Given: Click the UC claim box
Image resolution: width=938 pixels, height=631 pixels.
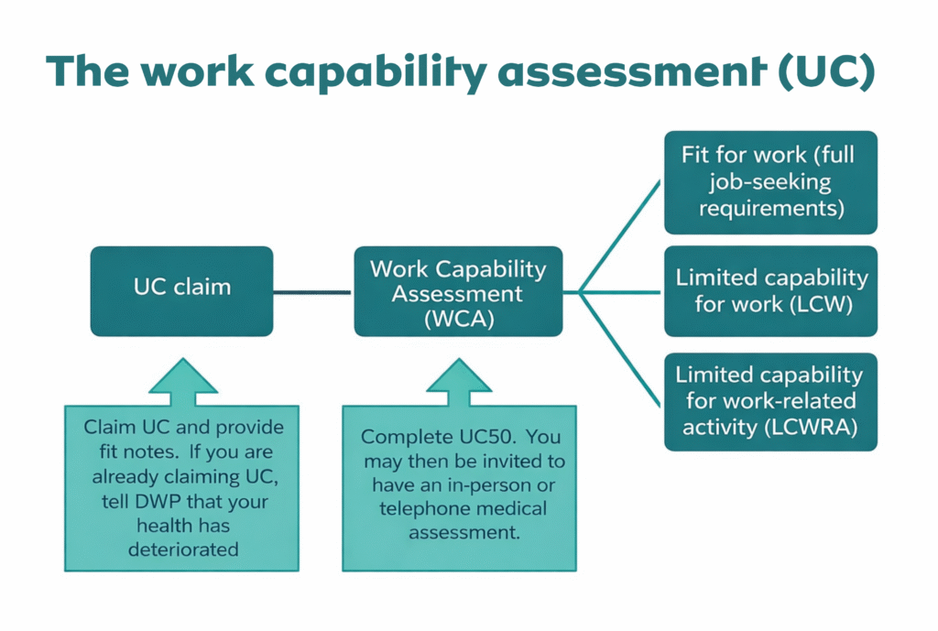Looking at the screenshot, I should click(x=181, y=290).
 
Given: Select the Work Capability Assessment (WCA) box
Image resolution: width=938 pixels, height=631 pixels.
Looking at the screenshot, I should click(x=458, y=290).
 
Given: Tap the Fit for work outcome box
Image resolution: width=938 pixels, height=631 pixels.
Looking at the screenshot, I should click(x=769, y=181).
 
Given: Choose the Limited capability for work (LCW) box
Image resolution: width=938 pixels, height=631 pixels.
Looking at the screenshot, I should click(x=769, y=290).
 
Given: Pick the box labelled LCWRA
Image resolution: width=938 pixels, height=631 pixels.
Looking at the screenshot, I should click(x=769, y=401).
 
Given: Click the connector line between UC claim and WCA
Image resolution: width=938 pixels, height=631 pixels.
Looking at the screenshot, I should click(x=313, y=292).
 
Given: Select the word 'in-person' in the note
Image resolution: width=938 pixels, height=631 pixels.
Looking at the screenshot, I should click(x=508, y=484).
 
